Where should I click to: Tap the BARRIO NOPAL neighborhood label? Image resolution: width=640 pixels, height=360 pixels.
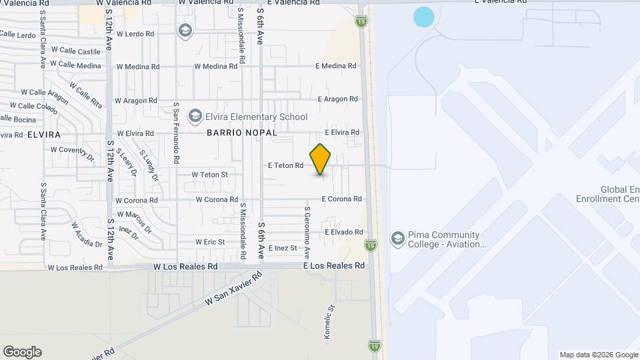(x=241, y=133)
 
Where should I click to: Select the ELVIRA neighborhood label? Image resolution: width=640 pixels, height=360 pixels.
(x=44, y=134)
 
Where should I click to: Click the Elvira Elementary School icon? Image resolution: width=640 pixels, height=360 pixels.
(x=195, y=117)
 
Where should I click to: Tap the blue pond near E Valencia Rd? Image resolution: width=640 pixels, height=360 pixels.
(x=423, y=17)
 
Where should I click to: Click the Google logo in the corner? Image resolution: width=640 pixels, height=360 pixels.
(x=22, y=352)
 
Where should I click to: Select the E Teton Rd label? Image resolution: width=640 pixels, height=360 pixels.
(x=285, y=165)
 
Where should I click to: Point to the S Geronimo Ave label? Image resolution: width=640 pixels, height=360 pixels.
(x=307, y=233)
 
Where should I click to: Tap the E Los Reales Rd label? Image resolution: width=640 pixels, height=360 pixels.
(x=335, y=265)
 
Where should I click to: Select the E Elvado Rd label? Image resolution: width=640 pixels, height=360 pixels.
(x=344, y=232)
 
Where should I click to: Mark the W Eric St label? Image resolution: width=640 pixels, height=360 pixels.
(x=210, y=241)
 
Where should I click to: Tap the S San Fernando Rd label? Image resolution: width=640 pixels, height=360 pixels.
(x=176, y=133)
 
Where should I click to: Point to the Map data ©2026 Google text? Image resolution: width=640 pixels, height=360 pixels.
(x=598, y=355)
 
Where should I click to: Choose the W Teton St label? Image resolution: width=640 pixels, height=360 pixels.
(x=210, y=175)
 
